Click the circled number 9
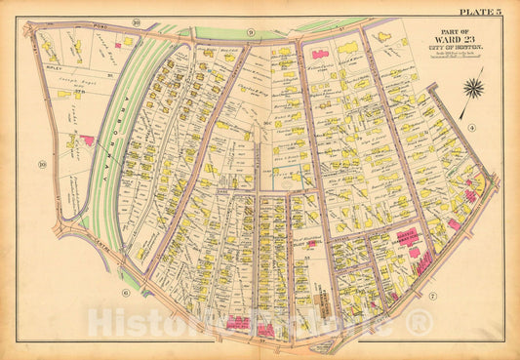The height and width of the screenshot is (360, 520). pyautogui.click(x=251, y=34)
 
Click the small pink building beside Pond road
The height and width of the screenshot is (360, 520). pyautogui.click(x=119, y=44)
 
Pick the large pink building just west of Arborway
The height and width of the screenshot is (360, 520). pyautogui.click(x=88, y=140)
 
